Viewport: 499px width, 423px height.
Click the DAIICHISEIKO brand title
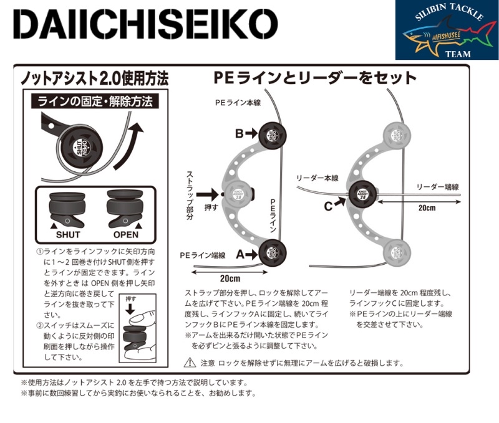click(144, 28)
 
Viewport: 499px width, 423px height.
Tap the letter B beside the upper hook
click(239, 133)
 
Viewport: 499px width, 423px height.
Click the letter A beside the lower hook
click(239, 252)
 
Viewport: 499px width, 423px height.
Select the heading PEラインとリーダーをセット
click(314, 78)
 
